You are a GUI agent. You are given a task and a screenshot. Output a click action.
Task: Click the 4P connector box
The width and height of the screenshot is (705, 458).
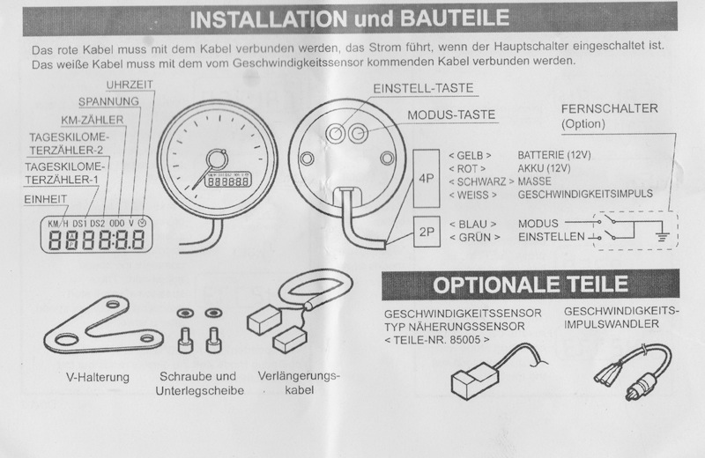pos(427,179)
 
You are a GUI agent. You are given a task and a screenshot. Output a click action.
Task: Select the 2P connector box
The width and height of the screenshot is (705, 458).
pos(427,232)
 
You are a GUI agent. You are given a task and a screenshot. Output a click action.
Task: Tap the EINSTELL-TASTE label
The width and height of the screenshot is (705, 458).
pos(423,89)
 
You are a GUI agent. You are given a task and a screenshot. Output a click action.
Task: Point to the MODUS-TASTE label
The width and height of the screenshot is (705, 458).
pos(451,115)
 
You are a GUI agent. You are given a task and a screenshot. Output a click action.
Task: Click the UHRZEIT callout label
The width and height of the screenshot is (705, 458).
pos(130,85)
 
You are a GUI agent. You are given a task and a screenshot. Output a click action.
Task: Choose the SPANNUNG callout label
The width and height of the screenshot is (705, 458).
pos(108,101)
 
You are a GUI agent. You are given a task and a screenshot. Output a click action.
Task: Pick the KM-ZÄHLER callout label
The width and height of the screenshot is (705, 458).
pos(93,120)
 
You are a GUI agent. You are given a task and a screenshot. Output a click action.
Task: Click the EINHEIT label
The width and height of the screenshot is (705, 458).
pos(46,199)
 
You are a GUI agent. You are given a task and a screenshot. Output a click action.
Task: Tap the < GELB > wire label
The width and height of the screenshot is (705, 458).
pos(470,156)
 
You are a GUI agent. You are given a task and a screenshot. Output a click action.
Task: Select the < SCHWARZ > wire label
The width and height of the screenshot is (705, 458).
pos(481,181)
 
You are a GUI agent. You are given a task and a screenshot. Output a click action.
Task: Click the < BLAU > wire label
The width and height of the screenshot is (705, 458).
pos(472,224)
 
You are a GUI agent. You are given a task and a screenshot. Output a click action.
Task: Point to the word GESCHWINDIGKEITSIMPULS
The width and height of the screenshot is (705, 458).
pos(585,194)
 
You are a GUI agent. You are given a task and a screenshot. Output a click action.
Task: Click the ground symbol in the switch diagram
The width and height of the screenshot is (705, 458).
pos(662,234)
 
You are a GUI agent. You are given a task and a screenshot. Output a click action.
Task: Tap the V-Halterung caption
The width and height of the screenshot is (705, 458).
pos(98,377)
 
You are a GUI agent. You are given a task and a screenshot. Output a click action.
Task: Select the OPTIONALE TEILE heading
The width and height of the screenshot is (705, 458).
pos(531,284)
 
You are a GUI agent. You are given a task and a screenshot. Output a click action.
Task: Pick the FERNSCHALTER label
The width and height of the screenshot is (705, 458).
pos(609,108)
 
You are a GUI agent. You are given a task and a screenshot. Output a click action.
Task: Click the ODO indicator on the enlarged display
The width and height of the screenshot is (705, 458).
pos(117,223)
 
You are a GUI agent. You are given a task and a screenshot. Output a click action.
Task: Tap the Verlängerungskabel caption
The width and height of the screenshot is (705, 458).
pos(299,383)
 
